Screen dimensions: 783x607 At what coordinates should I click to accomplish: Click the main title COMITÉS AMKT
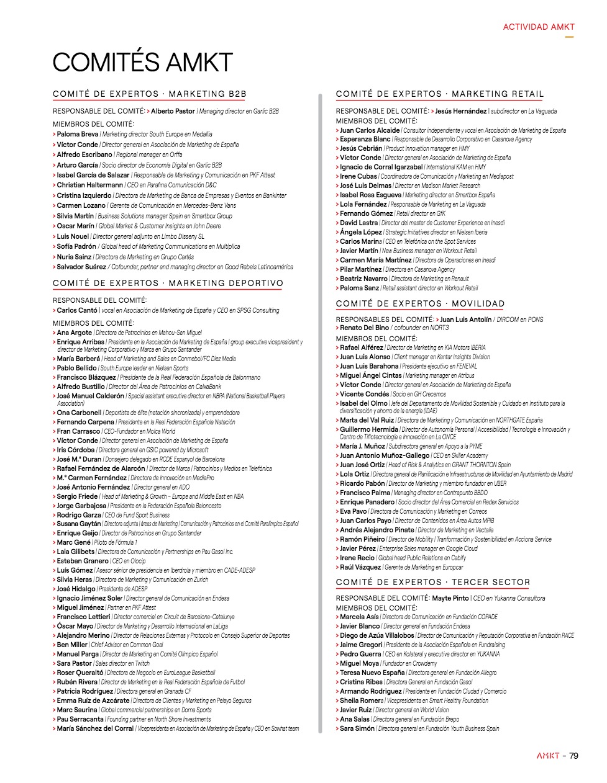pyautogui.click(x=142, y=63)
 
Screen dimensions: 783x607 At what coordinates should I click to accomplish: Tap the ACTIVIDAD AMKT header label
pyautogui.click(x=538, y=27)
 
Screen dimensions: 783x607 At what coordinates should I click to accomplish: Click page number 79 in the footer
pyautogui.click(x=573, y=756)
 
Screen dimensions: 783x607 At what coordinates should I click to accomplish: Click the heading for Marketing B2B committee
pyautogui.click(x=149, y=94)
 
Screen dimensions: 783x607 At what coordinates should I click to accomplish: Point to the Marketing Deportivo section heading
pyautogui.click(x=168, y=284)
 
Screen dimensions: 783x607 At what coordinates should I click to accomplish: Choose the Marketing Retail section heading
pyautogui.click(x=440, y=94)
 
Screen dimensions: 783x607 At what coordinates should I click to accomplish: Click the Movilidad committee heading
pyautogui.click(x=420, y=304)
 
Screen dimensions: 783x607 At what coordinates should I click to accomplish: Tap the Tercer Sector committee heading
pyautogui.click(x=432, y=583)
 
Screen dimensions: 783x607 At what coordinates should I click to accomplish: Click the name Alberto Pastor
pyautogui.click(x=173, y=111)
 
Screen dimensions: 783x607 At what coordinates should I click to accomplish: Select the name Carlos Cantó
pyautogui.click(x=77, y=310)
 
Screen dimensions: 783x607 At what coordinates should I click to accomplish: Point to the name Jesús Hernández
pyautogui.click(x=460, y=111)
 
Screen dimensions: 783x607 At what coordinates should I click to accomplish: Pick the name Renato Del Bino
pyautogui.click(x=364, y=328)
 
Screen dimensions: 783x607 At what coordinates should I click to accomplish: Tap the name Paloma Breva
pyautogui.click(x=78, y=134)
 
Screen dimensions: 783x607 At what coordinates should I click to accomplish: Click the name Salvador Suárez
pyautogui.click(x=81, y=267)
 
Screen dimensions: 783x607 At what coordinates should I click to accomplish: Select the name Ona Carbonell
pyautogui.click(x=79, y=413)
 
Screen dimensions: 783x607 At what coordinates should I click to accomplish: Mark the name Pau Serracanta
pyautogui.click(x=80, y=719)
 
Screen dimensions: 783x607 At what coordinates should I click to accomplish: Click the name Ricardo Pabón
pyautogui.click(x=362, y=483)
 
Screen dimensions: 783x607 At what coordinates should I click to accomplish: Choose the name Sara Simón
pyautogui.click(x=357, y=728)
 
